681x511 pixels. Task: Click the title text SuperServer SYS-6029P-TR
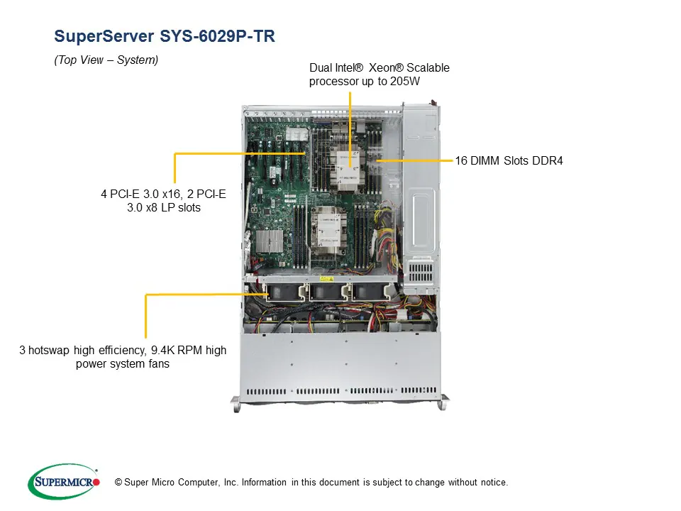coord(164,37)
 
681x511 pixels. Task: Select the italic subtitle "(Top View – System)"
coord(106,60)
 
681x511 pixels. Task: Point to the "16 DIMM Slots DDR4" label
coord(509,161)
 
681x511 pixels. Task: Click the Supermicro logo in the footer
coord(64,482)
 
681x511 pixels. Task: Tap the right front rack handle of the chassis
coord(443,402)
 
